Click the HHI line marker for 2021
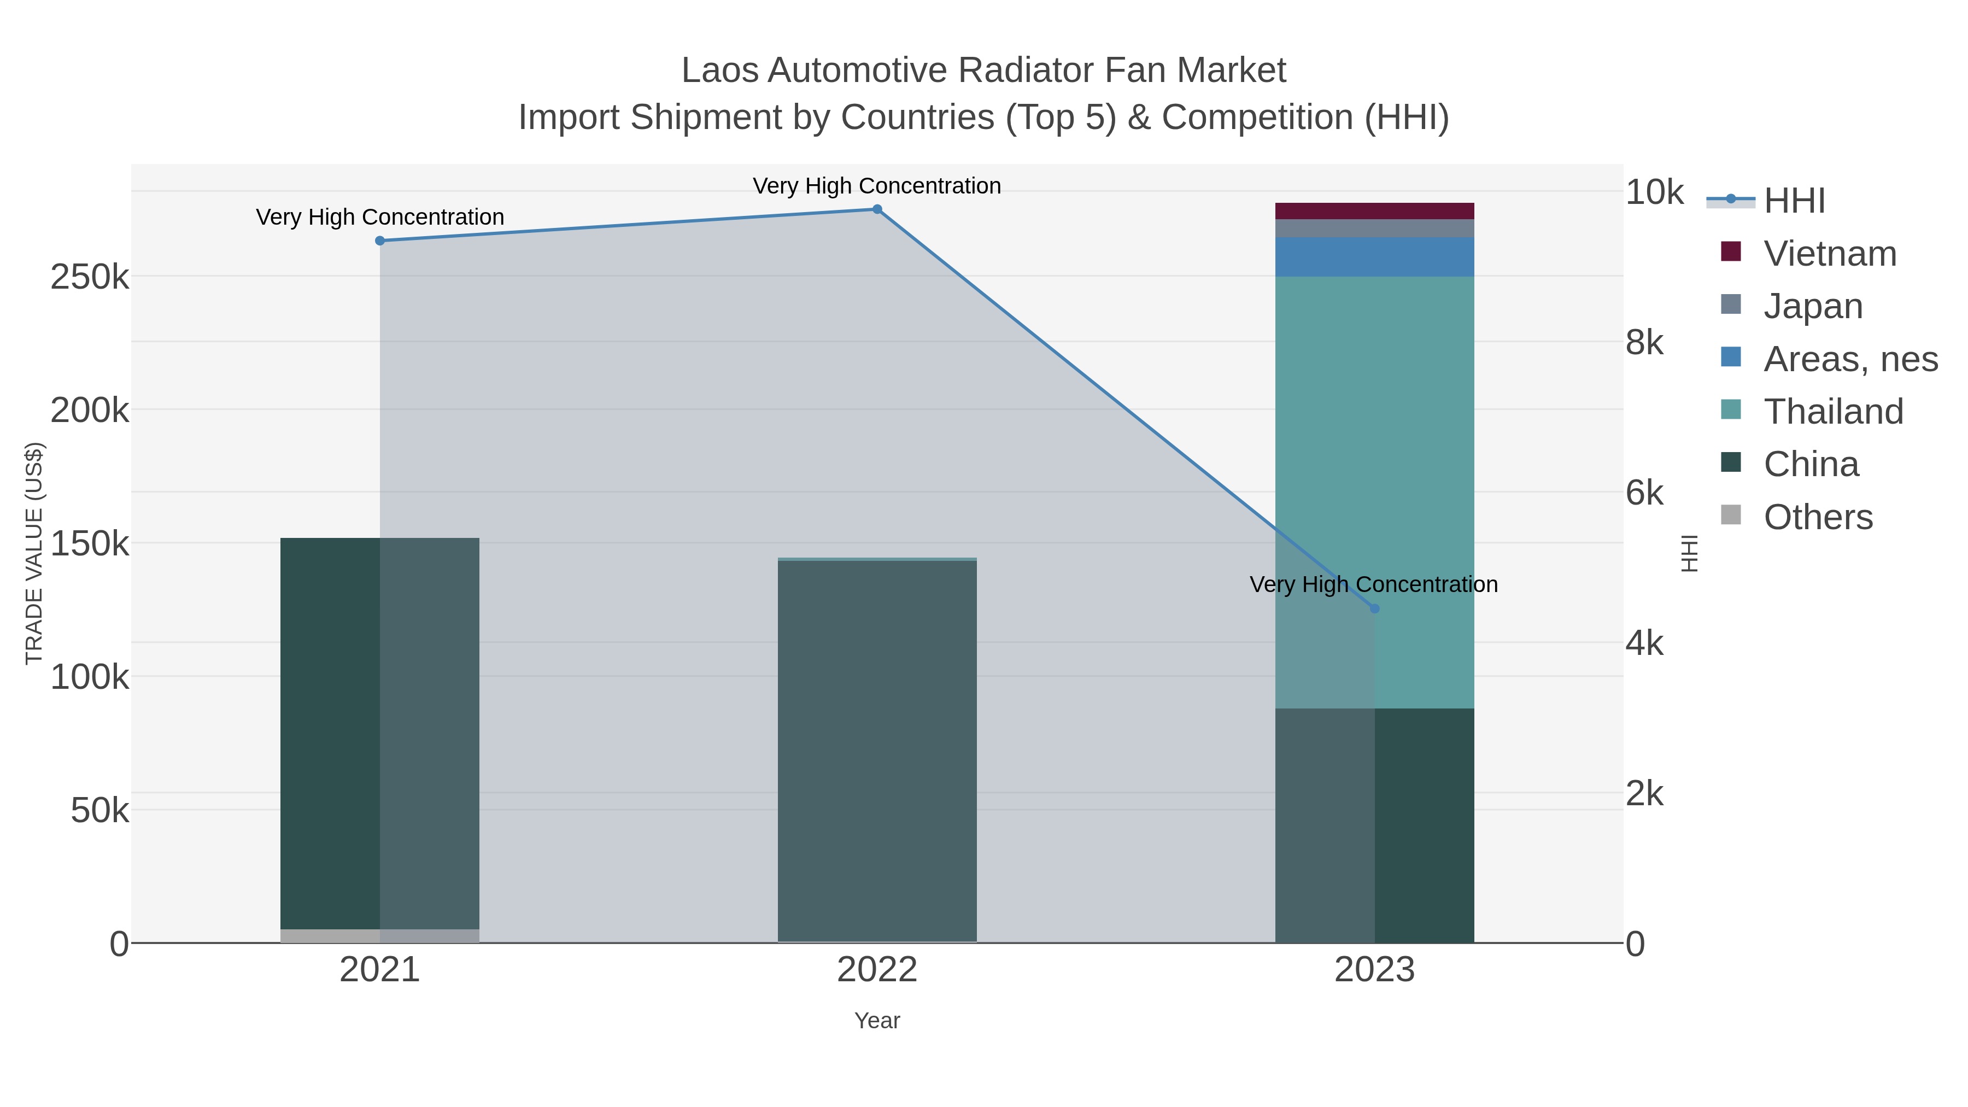(x=380, y=241)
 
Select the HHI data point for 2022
(x=877, y=209)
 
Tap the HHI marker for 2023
(x=1374, y=609)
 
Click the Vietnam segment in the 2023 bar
(x=1374, y=211)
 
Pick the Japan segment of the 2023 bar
(x=1374, y=229)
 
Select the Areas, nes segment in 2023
(x=1374, y=257)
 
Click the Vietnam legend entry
(x=1830, y=254)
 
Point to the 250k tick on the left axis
(x=90, y=277)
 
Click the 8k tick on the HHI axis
(x=1644, y=343)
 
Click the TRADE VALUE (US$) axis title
(x=34, y=553)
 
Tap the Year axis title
(x=877, y=1021)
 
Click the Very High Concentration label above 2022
(x=876, y=186)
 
